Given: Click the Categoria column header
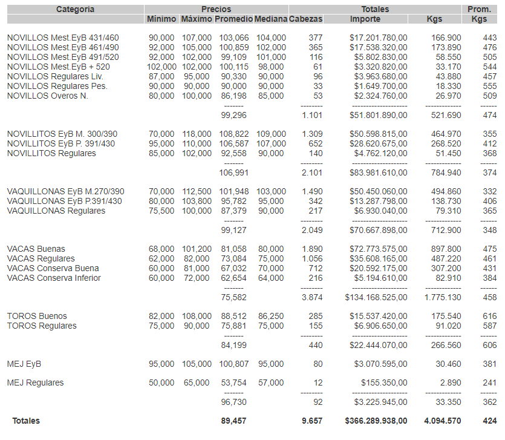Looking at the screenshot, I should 75,9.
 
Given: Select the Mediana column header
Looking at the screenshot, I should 270,19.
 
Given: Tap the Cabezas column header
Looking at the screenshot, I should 306,19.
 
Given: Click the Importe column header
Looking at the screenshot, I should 365,19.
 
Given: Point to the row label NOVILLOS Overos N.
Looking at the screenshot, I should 48,96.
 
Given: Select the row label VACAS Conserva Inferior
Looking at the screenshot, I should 54,278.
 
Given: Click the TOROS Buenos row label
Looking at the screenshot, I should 37,316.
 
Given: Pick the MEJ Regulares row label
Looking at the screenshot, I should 35,383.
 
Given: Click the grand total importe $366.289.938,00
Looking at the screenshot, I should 376,421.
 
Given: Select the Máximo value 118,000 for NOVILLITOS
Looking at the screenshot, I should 197,134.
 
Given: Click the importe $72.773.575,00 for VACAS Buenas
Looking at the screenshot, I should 378,249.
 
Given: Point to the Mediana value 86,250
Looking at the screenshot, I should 271,316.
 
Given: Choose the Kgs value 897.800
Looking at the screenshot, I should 444,249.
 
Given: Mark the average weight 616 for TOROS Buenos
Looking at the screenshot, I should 489,316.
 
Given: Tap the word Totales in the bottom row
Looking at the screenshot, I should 26,421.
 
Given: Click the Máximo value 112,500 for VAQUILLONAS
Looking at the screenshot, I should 197,191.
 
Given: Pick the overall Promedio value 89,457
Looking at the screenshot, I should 234,421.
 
